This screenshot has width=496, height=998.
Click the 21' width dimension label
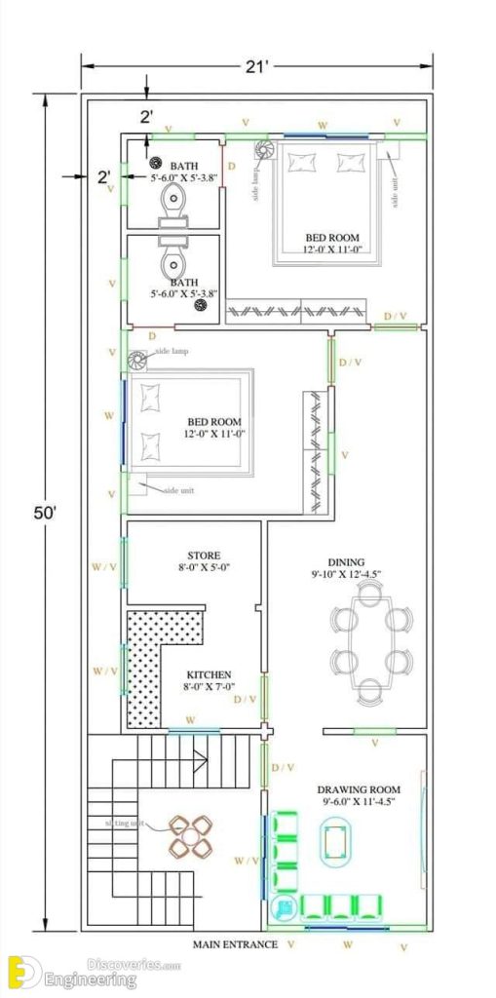[x=257, y=65]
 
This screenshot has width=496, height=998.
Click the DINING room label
[x=346, y=562]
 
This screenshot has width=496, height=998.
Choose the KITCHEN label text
[x=210, y=673]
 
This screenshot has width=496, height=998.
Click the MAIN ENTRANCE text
[x=235, y=944]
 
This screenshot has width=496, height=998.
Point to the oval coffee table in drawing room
[x=338, y=839]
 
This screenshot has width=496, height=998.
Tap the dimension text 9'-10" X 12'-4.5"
[x=346, y=575]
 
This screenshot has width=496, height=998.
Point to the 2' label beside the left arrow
[x=103, y=176]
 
